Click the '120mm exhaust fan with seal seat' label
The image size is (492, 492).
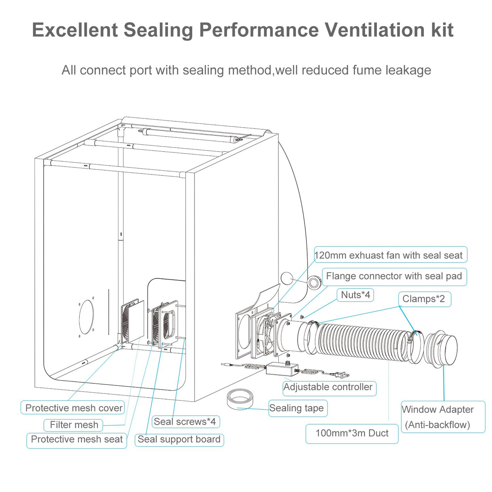pos(390,255)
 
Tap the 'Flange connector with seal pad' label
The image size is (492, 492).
pos(394,276)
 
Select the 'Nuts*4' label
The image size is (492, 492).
pos(355,295)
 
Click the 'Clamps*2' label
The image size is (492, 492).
pos(424,299)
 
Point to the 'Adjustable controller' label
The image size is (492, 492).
pos(328,387)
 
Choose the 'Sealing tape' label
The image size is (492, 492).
pos(297,408)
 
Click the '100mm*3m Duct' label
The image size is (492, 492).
pos(352,433)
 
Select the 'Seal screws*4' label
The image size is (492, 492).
pos(185,421)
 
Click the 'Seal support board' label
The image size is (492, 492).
pos(179,439)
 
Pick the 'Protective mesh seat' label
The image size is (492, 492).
pos(77,440)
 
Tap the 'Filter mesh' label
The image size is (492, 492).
pos(74,425)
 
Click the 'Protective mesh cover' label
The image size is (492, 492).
pos(73,408)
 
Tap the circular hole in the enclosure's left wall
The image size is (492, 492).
pos(86,317)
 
